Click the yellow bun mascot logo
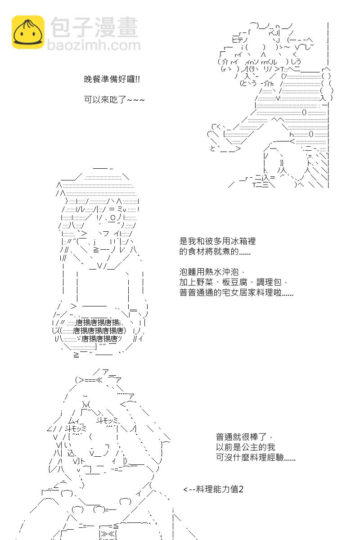pos(28,32)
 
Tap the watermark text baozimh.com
pos(94,45)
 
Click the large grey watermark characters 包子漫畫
pos(94,27)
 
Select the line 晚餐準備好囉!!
pos(112,79)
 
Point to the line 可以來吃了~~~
pos(114,99)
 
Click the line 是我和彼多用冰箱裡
pos(217,241)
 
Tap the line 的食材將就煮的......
pos(215,251)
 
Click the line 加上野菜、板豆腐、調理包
pos(233,282)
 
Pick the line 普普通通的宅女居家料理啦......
pos(236,292)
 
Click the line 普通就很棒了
pos(244,436)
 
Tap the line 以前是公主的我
pos(245,447)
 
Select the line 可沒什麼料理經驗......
pos(256,457)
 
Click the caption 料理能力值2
pos(220,489)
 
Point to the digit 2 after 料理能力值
pos(241,490)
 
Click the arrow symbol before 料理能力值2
pos(189,490)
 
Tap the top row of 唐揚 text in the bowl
pos(97,323)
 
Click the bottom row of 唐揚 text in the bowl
pos(99,339)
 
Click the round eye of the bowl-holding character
pos(113,218)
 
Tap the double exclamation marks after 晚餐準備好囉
pos(137,79)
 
